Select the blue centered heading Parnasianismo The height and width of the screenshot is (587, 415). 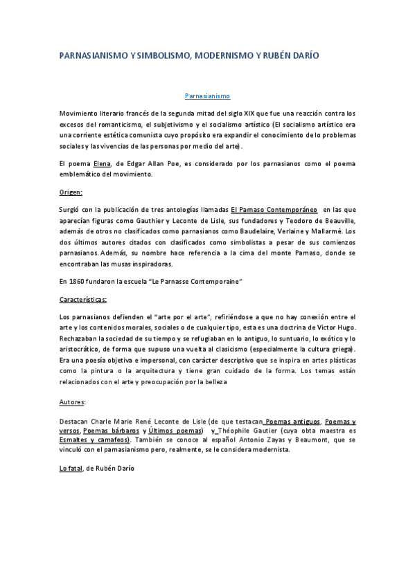(207, 97)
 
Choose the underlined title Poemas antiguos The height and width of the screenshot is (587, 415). (293, 421)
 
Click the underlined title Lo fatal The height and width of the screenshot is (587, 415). (71, 468)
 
